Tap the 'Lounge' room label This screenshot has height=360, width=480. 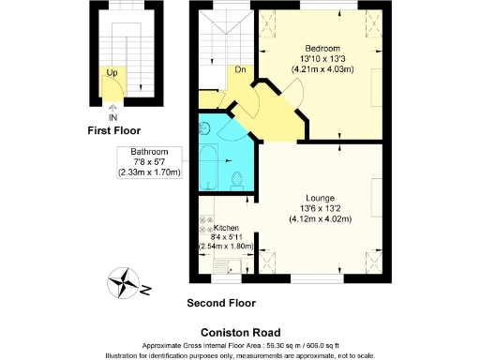(x=319, y=198)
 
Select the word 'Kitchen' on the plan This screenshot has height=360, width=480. (x=226, y=228)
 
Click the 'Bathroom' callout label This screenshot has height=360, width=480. (x=149, y=152)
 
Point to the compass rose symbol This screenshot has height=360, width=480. (x=124, y=281)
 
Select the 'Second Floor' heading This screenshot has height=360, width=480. (x=221, y=304)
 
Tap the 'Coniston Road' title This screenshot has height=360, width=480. (x=239, y=331)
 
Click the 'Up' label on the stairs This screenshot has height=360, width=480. (x=112, y=72)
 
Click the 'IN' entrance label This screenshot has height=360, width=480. (x=113, y=117)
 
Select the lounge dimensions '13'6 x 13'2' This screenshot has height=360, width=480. (x=319, y=208)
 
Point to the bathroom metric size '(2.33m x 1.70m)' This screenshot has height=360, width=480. (x=149, y=172)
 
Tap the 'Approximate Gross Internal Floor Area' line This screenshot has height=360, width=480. (x=239, y=344)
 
